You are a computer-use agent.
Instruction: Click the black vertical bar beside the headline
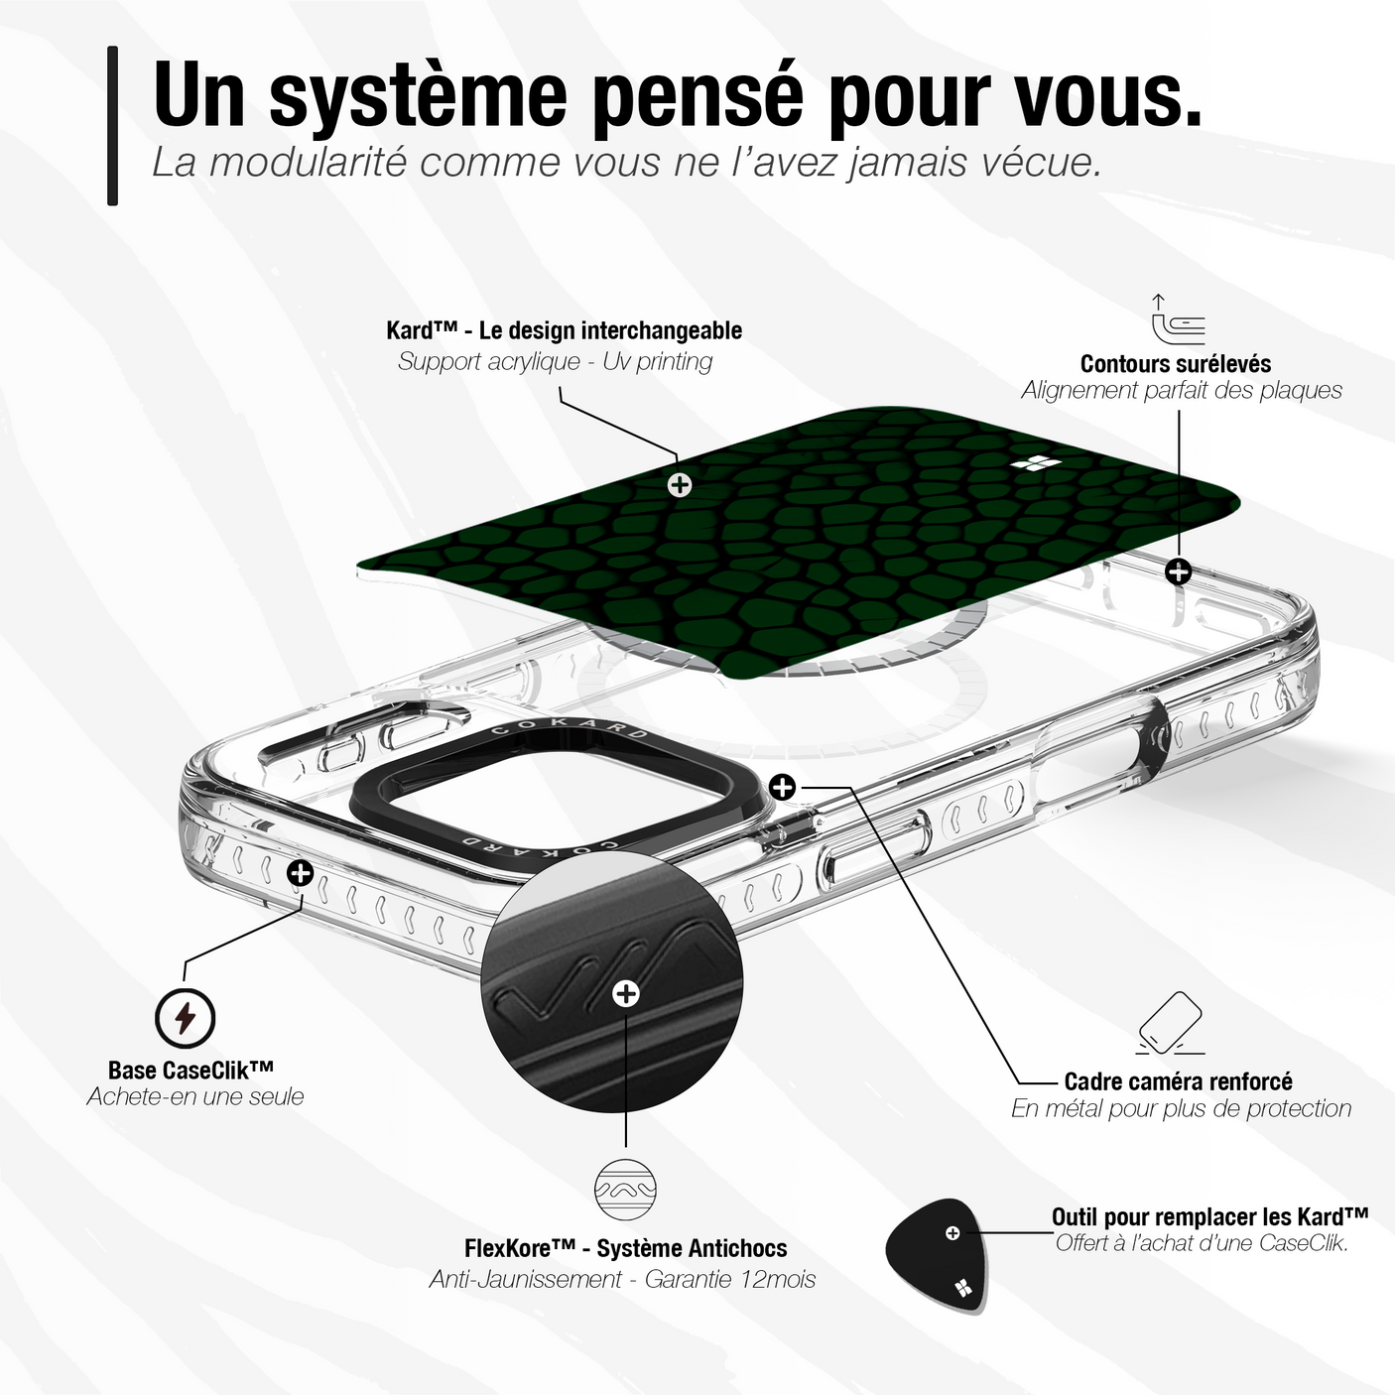(112, 126)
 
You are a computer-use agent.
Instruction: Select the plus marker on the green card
(679, 484)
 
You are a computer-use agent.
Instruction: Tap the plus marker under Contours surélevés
(1179, 571)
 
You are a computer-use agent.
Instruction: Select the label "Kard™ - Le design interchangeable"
(564, 330)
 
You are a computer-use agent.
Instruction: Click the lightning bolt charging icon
(186, 1018)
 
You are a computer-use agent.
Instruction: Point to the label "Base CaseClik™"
(191, 1069)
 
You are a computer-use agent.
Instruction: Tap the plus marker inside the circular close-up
(625, 993)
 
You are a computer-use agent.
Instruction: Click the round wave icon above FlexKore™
(625, 1189)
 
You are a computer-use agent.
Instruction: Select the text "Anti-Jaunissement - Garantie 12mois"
(622, 1279)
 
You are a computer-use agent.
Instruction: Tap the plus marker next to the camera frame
(783, 786)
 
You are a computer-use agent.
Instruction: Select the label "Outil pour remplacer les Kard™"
(1209, 1216)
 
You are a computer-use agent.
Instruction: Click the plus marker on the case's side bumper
(301, 873)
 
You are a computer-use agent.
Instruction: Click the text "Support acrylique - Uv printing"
(556, 361)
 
